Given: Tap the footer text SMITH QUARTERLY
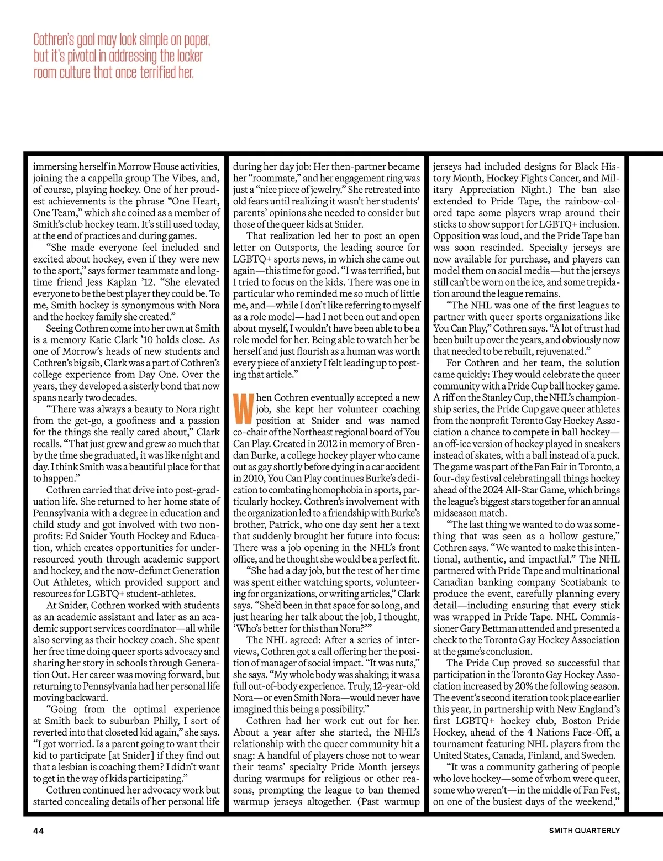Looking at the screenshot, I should pyautogui.click(x=584, y=831).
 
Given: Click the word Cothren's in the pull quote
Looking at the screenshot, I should pyautogui.click(x=54, y=40).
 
